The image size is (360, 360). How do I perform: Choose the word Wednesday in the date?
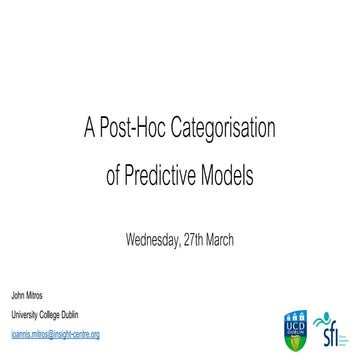(153, 240)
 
